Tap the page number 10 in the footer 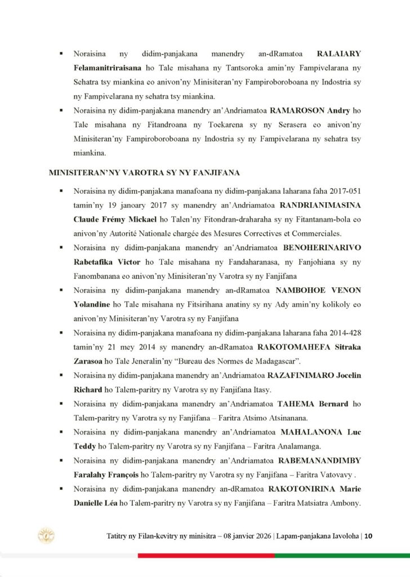click(368, 536)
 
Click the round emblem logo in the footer click(46, 535)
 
